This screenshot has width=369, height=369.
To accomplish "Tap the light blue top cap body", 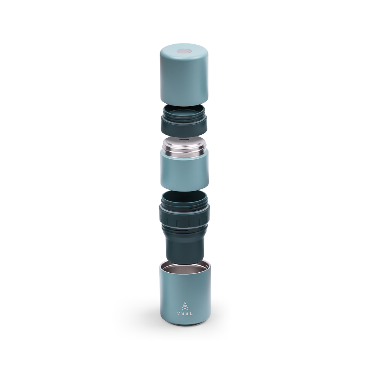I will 184,81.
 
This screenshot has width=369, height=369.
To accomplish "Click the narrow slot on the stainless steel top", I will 184,141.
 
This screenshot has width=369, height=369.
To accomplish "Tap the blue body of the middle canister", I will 184,172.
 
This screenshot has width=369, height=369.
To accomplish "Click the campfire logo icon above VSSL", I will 185,305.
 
